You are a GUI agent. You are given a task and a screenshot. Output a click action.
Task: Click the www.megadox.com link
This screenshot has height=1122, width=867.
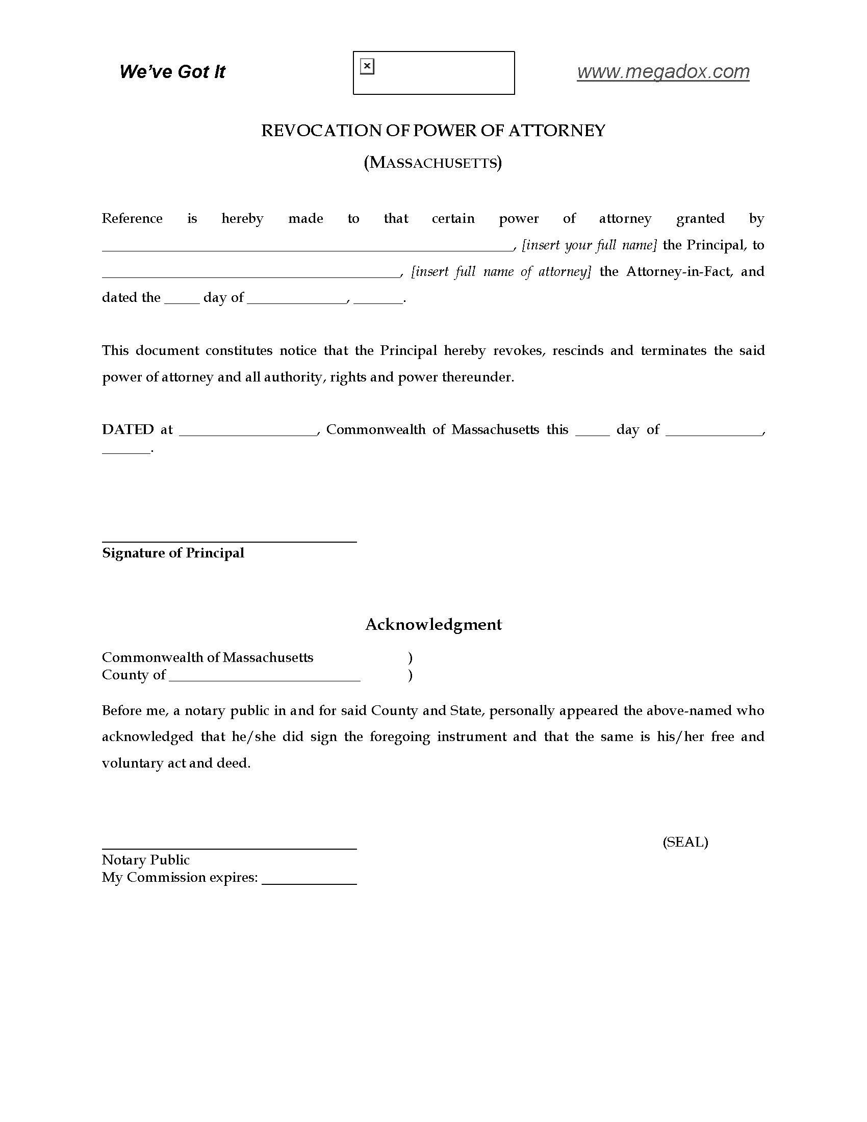663,71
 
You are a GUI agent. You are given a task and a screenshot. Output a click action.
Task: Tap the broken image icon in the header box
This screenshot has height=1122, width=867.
367,66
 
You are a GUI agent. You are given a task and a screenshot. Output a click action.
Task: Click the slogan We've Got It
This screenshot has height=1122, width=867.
172,71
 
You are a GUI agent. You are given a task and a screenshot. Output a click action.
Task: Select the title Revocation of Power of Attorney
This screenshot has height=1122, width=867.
433,131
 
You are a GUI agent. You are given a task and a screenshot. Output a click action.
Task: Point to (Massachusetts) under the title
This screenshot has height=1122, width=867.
433,162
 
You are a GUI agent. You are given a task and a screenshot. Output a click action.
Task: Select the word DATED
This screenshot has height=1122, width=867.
128,429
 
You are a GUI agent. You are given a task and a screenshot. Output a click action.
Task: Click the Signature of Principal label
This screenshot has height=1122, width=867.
173,553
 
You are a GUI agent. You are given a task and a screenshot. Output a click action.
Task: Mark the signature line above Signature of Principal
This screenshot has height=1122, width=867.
229,541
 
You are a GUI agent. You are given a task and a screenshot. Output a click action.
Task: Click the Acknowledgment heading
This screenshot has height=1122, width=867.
433,624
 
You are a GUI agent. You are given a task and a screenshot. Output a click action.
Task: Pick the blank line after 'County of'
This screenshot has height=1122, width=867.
264,679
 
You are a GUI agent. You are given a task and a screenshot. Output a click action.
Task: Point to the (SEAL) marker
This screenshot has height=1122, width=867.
685,841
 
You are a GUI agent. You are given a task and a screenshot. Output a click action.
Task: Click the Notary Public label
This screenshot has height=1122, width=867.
145,860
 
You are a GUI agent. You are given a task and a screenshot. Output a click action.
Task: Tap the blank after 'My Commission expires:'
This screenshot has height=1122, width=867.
309,882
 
